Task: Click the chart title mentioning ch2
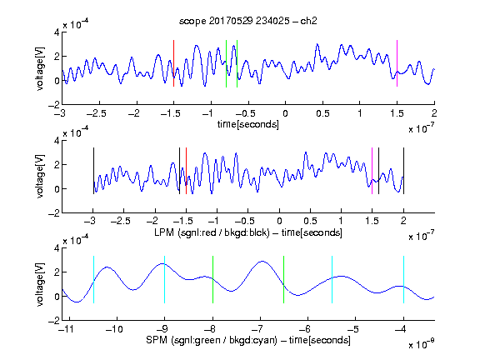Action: pyautogui.click(x=248, y=21)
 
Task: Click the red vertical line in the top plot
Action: pyautogui.click(x=173, y=63)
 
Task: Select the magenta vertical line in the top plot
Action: pyautogui.click(x=397, y=63)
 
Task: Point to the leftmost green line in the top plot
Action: pyautogui.click(x=226, y=63)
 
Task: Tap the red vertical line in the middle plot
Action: pyautogui.click(x=186, y=171)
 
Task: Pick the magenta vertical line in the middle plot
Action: pyautogui.click(x=372, y=171)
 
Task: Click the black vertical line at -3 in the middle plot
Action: pyautogui.click(x=93, y=171)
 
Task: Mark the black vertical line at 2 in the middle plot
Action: pyautogui.click(x=403, y=171)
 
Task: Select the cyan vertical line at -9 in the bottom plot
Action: pyautogui.click(x=165, y=279)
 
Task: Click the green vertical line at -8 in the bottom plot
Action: pyautogui.click(x=212, y=279)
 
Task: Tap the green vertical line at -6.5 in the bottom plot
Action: pyautogui.click(x=284, y=279)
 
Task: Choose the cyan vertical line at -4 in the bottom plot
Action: pyautogui.click(x=403, y=279)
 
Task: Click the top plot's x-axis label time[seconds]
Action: pyautogui.click(x=248, y=124)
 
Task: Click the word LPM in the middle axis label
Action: pyautogui.click(x=164, y=232)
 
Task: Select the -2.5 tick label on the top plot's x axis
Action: pyautogui.click(x=97, y=113)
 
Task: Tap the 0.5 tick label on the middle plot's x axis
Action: pyautogui.click(x=310, y=221)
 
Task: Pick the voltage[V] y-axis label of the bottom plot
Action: pyautogui.click(x=40, y=284)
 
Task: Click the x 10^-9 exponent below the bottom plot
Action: pyautogui.click(x=422, y=344)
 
